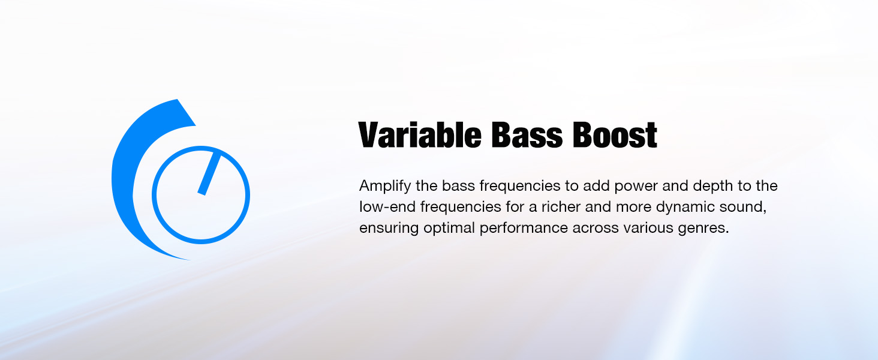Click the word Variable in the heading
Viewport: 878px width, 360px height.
tap(420, 135)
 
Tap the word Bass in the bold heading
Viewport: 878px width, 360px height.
tap(527, 135)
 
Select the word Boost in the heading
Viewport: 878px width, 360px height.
tap(615, 135)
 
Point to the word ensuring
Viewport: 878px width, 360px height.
tap(389, 229)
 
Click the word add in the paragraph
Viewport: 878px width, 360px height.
tap(597, 186)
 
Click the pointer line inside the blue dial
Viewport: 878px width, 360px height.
tap(209, 174)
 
